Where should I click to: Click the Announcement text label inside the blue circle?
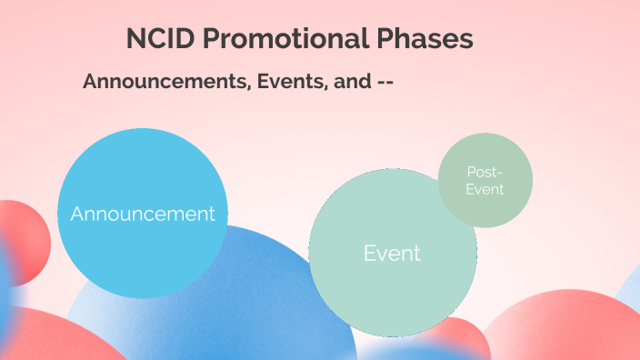143,214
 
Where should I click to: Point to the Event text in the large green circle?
392,253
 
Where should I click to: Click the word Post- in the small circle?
485,171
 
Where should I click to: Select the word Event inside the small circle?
485,189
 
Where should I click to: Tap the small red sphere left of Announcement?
25,241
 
